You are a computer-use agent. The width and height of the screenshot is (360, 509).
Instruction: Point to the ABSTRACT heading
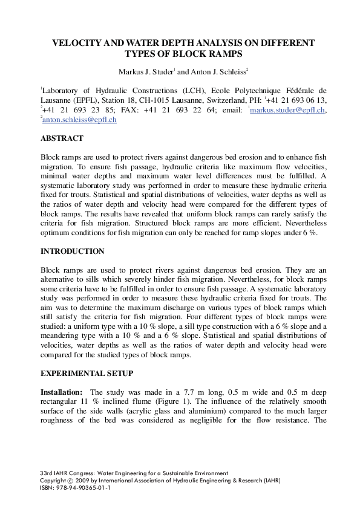coord(62,138)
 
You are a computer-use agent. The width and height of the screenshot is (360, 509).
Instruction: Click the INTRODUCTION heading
coord(73,251)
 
